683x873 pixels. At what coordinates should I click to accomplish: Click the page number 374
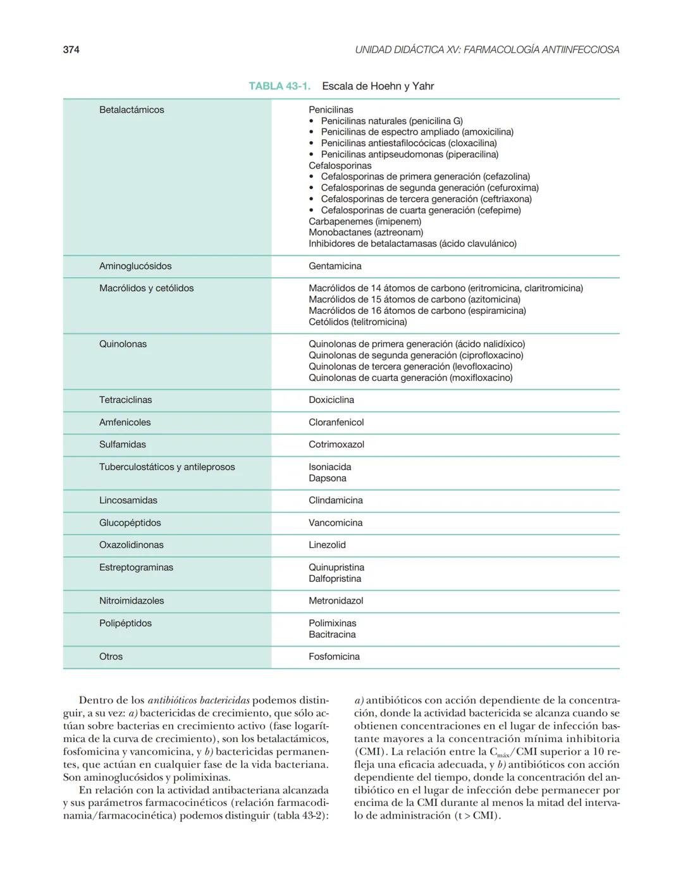click(71, 49)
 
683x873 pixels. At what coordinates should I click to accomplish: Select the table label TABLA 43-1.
click(279, 86)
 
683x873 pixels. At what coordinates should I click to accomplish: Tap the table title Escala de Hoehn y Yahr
click(378, 86)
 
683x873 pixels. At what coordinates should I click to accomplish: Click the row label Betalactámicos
click(132, 110)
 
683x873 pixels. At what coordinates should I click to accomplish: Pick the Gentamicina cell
click(335, 266)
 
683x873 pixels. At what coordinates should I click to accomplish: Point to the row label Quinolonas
click(123, 344)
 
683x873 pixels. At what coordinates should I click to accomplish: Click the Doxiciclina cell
click(331, 400)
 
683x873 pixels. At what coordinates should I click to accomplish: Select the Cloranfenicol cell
click(336, 422)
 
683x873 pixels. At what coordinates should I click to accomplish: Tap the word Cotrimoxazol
click(336, 444)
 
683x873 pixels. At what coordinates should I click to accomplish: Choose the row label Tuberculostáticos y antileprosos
click(167, 467)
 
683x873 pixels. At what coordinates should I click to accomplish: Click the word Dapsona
click(327, 478)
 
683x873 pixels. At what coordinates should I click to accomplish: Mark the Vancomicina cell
click(335, 523)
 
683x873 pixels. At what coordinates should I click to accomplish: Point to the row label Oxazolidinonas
click(131, 545)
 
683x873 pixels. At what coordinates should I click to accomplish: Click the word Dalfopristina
click(335, 579)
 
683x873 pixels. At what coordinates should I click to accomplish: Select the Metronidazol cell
click(336, 600)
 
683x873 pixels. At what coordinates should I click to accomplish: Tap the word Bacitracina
click(332, 635)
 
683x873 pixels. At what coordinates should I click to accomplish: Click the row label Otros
click(111, 657)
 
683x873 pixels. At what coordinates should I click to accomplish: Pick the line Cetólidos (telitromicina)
click(357, 322)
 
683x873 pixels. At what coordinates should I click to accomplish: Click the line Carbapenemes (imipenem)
click(364, 221)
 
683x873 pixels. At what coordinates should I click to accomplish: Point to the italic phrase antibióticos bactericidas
click(199, 700)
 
